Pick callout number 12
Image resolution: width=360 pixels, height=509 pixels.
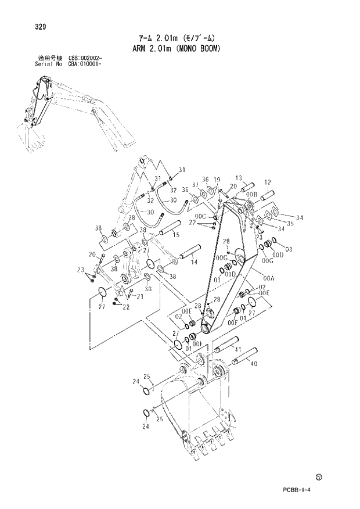(268, 182)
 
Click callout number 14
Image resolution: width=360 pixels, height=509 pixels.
(194, 263)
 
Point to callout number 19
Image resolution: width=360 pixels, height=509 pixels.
(216, 180)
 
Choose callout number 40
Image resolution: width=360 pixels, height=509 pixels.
(253, 364)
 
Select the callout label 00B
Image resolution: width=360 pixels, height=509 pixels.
(251, 193)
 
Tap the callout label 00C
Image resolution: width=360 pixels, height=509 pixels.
(201, 216)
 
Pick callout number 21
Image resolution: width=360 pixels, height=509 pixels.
(140, 297)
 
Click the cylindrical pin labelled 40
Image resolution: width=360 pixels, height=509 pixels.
(244, 356)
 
